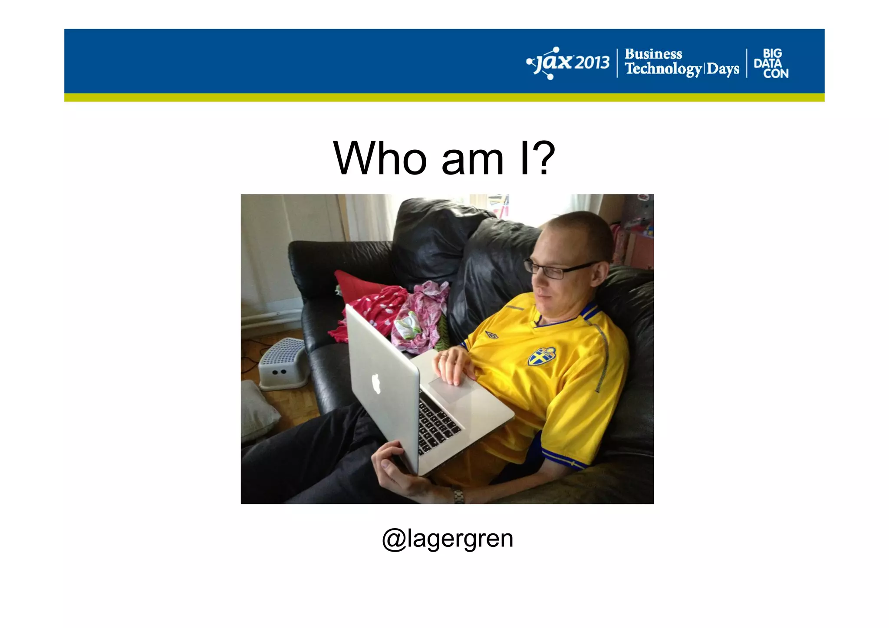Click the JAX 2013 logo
tap(568, 63)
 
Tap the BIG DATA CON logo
tap(771, 63)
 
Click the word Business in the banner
tap(653, 54)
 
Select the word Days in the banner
tap(723, 69)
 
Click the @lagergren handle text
tap(447, 539)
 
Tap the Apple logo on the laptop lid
tap(376, 384)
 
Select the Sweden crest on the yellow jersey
tap(542, 356)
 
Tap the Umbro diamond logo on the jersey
tap(491, 335)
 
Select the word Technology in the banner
tap(663, 69)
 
